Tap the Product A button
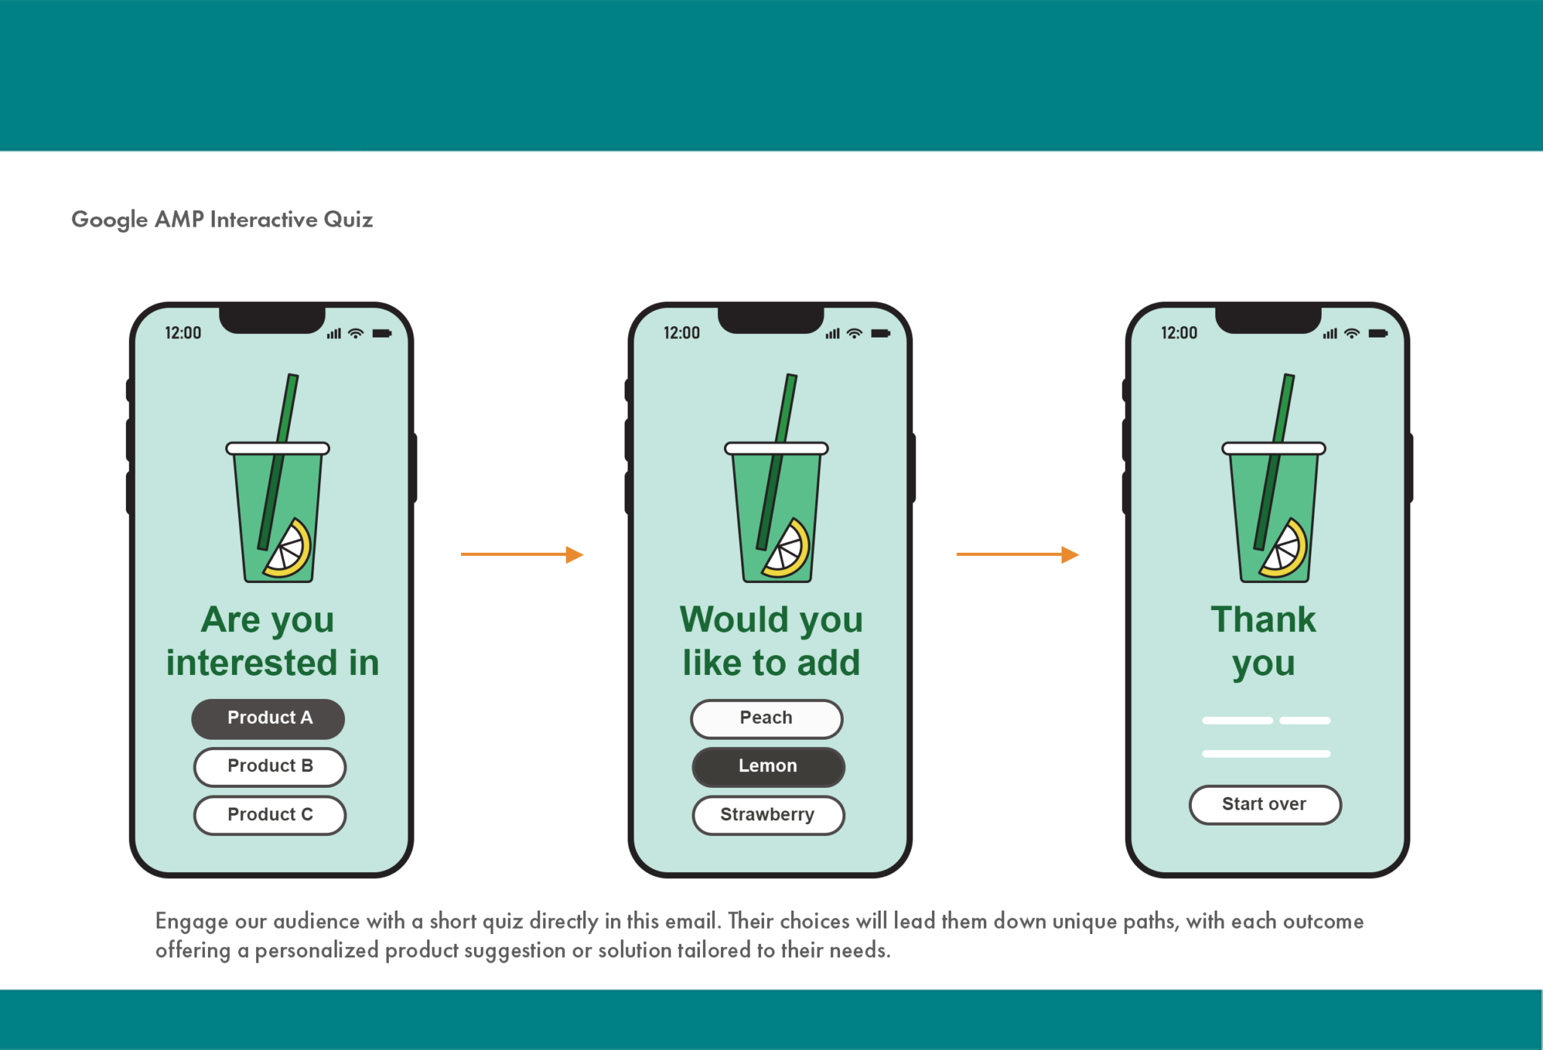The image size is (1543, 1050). (269, 719)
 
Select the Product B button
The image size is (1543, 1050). (270, 767)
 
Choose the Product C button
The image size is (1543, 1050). (270, 815)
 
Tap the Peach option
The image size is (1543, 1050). (766, 719)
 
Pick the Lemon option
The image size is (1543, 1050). (768, 767)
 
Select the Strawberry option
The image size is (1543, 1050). (768, 815)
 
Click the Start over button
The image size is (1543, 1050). (1264, 804)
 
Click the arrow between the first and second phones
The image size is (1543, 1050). (521, 554)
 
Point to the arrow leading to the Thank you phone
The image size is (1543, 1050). (1017, 554)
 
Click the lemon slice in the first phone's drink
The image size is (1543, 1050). (289, 548)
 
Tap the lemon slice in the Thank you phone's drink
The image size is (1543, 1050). (1285, 548)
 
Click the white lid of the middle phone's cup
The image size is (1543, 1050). (776, 449)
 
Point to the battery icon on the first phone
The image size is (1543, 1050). (382, 334)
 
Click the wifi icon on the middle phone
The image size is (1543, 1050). (854, 334)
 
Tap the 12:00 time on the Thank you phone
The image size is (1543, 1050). (1178, 333)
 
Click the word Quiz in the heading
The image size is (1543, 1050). (348, 219)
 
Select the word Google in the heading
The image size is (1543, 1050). (109, 219)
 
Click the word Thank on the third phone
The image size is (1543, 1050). (1263, 620)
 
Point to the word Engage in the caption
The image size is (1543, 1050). (191, 921)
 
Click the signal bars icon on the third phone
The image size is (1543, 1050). (1330, 334)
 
